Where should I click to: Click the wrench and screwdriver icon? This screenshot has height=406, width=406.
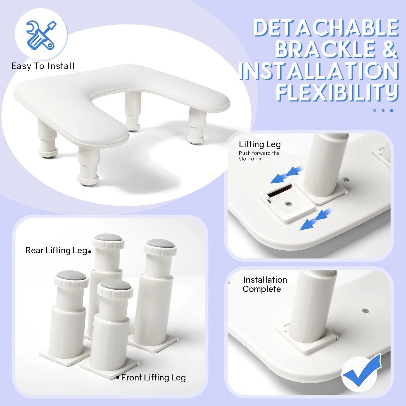tap(41, 35)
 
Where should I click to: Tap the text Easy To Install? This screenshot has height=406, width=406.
tap(43, 66)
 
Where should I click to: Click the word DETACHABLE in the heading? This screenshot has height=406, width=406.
tap(326, 28)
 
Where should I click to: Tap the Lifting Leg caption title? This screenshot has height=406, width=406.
tap(260, 144)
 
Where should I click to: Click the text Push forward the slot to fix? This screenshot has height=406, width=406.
tap(259, 156)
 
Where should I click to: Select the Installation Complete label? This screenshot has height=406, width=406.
tap(265, 284)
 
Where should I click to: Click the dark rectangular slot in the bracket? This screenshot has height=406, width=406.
tap(279, 190)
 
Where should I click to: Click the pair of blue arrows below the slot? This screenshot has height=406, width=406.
tap(315, 219)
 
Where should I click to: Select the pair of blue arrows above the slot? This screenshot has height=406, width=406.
tap(287, 175)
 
